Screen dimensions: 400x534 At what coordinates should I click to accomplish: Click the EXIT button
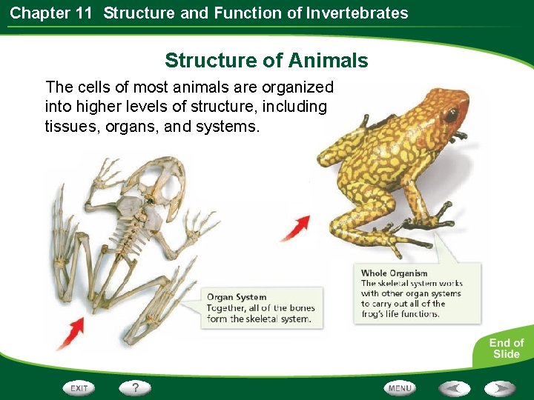click(79, 387)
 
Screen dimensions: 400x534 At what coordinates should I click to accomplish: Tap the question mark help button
click(135, 387)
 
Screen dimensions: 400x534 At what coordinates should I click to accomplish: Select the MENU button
click(400, 387)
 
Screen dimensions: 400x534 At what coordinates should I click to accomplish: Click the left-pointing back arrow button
click(453, 387)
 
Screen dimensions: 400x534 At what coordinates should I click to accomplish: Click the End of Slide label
click(506, 348)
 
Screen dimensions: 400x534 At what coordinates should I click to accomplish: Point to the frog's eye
click(450, 115)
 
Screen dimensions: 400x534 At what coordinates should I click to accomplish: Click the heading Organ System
click(236, 297)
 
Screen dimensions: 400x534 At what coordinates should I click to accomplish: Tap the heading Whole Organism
click(394, 273)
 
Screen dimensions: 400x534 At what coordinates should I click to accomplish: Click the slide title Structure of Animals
click(266, 60)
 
